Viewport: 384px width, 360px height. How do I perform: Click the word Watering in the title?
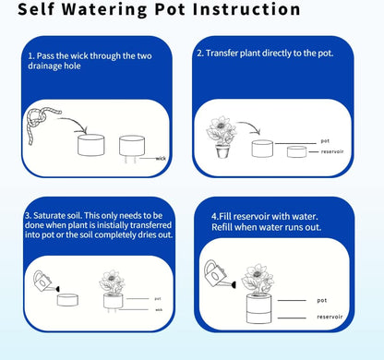point(105,9)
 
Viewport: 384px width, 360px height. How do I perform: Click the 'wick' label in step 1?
point(161,159)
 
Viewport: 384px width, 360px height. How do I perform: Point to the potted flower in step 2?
point(221,137)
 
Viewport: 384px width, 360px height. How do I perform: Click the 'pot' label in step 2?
point(325,141)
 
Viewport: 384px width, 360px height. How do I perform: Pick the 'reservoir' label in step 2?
point(332,151)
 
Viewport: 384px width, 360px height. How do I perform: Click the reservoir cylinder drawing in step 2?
point(297,152)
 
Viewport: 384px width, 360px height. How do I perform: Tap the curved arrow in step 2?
point(249,127)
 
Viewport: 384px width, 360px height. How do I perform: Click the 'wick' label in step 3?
point(159,309)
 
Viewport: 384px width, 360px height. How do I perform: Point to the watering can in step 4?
point(219,275)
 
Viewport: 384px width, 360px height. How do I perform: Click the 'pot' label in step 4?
point(322,300)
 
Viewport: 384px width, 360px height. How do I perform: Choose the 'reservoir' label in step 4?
point(330,317)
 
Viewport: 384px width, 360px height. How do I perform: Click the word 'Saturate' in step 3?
point(49,215)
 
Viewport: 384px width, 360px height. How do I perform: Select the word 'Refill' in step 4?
point(220,227)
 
